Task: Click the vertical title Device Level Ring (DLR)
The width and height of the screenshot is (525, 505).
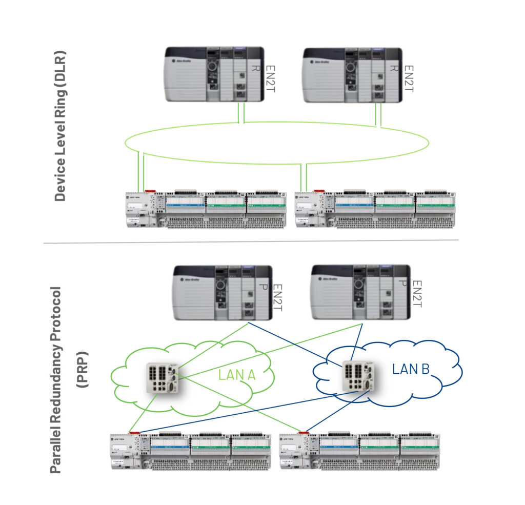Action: click(60, 126)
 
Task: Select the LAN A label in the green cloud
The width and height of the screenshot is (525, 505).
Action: click(237, 375)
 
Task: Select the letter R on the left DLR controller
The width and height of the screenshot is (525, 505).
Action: click(253, 68)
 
